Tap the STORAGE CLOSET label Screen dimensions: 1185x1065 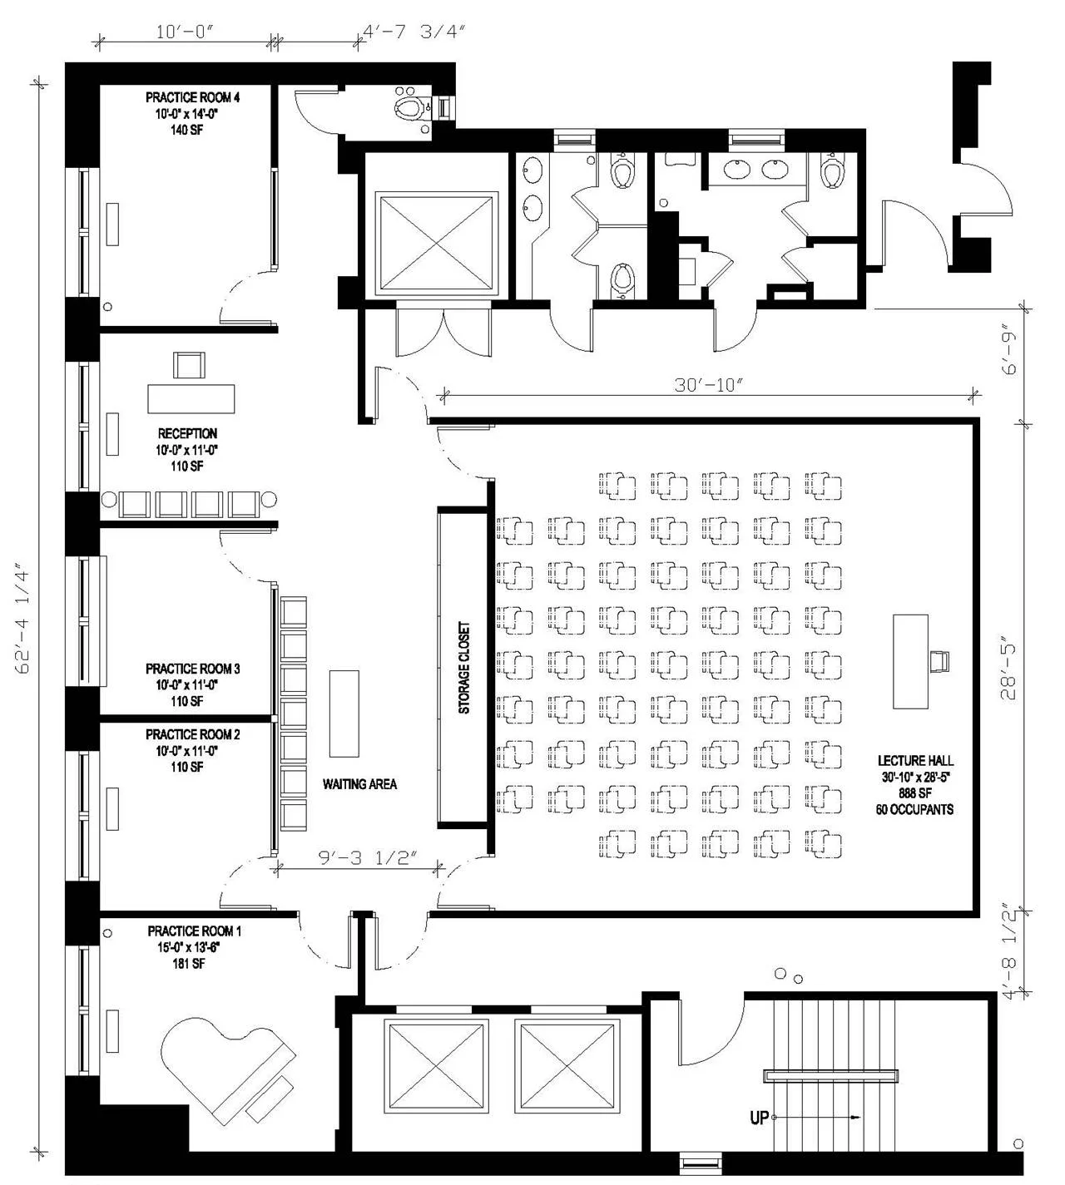pos(464,668)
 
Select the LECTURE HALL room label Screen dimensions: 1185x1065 pos(915,760)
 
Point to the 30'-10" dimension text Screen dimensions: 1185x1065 pos(708,385)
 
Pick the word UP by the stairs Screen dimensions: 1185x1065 pos(759,1118)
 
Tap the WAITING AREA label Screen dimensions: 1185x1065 pos(359,784)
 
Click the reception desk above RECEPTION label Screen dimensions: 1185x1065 pos(191,398)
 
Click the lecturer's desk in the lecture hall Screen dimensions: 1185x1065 pos(910,661)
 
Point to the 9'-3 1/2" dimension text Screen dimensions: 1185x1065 pos(367,858)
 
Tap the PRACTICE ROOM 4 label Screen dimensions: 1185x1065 pos(193,97)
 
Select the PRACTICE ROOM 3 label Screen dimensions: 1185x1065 pos(193,669)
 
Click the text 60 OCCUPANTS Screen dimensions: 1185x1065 pos(914,809)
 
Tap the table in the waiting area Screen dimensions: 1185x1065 pos(344,713)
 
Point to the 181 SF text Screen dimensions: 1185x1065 pos(187,964)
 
